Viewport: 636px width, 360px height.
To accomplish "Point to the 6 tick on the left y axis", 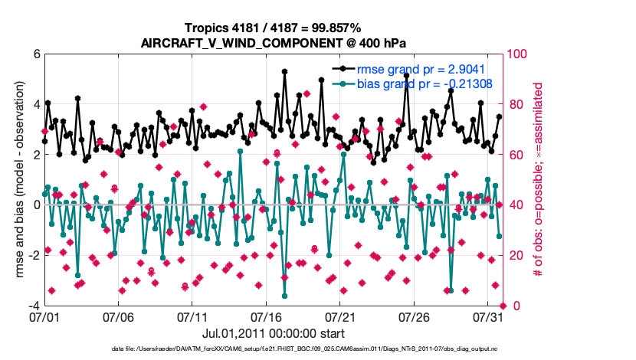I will [35, 54].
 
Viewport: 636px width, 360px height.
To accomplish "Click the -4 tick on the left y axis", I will [33, 306].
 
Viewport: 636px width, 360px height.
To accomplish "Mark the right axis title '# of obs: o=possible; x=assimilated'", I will [539, 180].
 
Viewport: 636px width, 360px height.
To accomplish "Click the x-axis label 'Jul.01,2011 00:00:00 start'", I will [273, 334].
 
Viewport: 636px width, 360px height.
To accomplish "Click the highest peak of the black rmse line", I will [284, 71].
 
